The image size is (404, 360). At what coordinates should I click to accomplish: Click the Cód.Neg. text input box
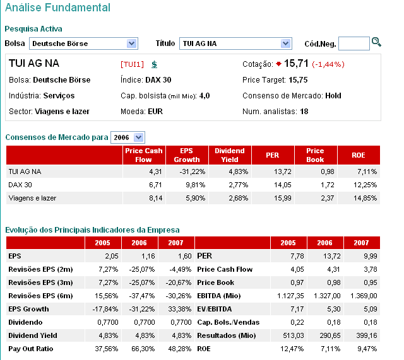click(353, 44)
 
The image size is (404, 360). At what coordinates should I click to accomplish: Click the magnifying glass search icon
click(377, 42)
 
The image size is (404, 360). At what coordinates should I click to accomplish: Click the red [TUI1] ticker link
click(133, 64)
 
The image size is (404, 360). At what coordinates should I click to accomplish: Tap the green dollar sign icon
click(155, 64)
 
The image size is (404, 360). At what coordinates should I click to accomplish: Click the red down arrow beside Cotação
click(278, 64)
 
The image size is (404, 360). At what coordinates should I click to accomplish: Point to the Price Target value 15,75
click(298, 80)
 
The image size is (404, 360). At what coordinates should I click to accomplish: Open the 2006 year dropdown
click(128, 137)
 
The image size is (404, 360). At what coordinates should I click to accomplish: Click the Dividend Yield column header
click(229, 155)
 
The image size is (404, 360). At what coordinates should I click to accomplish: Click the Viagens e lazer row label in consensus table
click(32, 198)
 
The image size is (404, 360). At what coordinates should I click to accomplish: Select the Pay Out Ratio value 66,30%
click(143, 349)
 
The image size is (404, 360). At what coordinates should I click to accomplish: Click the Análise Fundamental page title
click(57, 8)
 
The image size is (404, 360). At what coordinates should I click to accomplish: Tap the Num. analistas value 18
click(304, 112)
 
